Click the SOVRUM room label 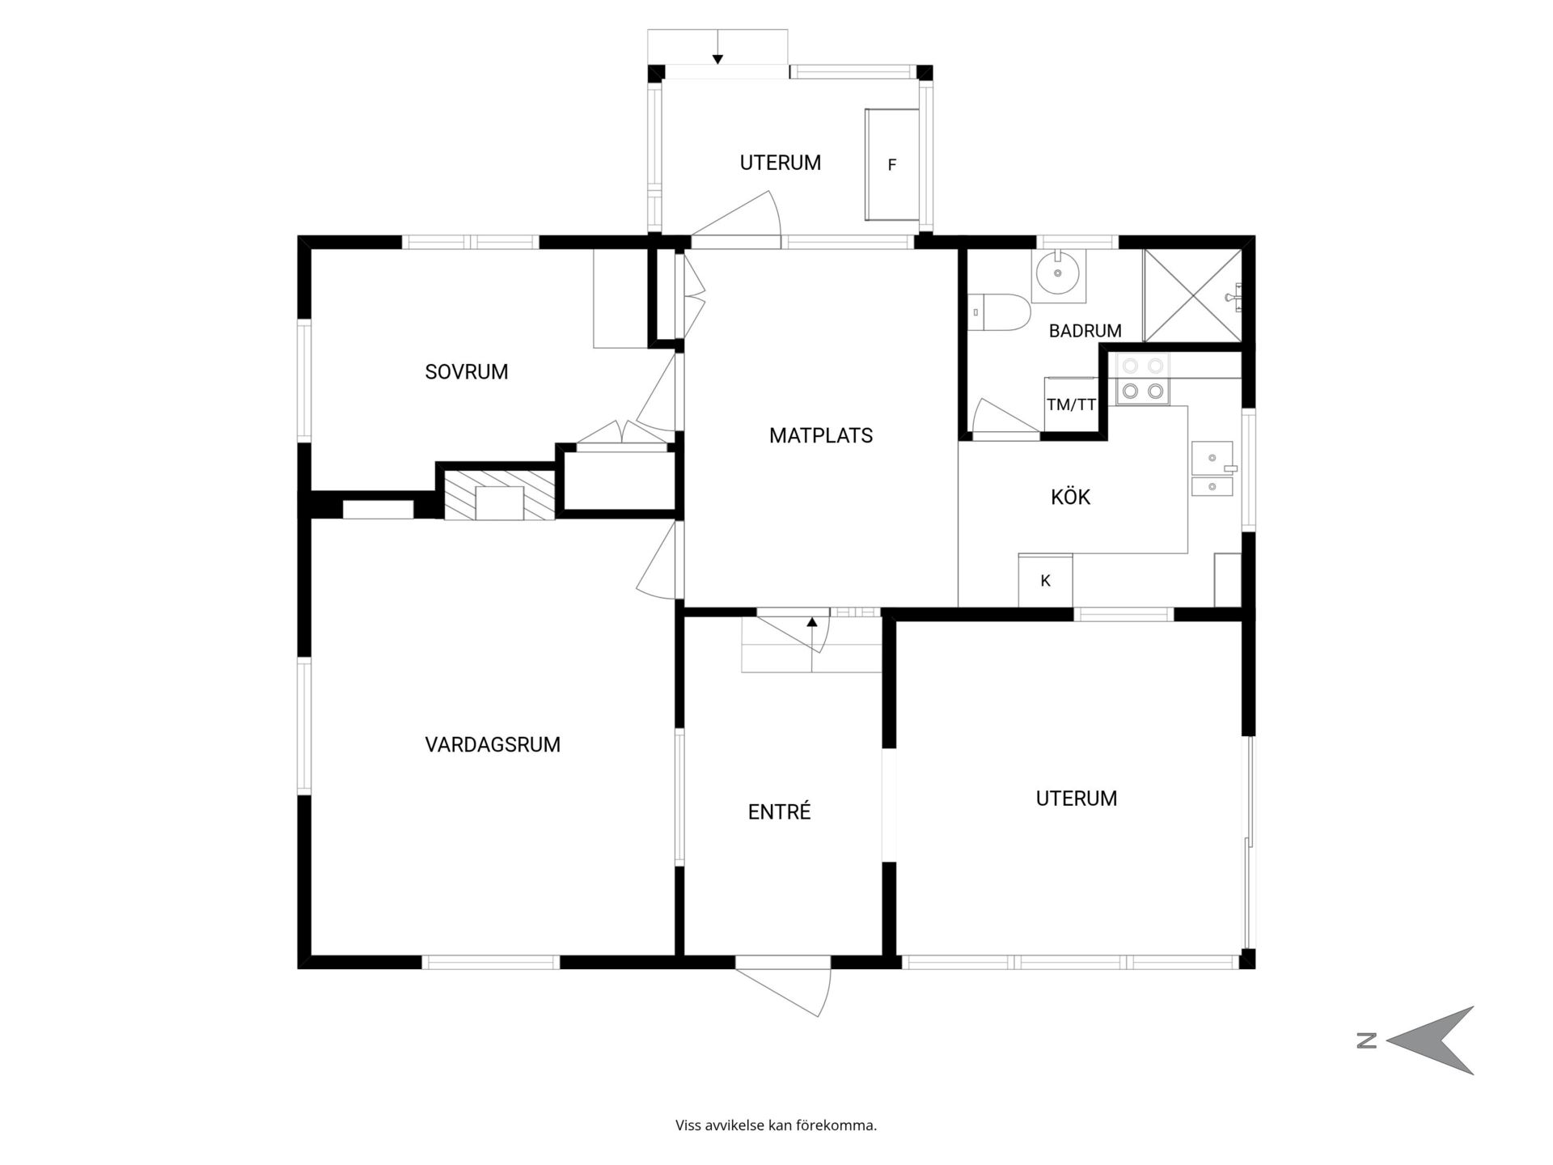[467, 372]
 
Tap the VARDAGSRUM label [493, 744]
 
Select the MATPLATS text [821, 436]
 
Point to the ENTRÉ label [780, 811]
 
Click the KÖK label [1071, 497]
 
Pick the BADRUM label [1085, 331]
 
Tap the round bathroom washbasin [1058, 275]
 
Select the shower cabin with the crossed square [1192, 295]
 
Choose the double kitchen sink [1212, 468]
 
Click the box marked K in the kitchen [1045, 580]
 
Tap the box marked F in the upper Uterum [892, 165]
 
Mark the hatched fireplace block [500, 494]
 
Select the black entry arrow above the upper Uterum [717, 58]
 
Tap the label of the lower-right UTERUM [1077, 799]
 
